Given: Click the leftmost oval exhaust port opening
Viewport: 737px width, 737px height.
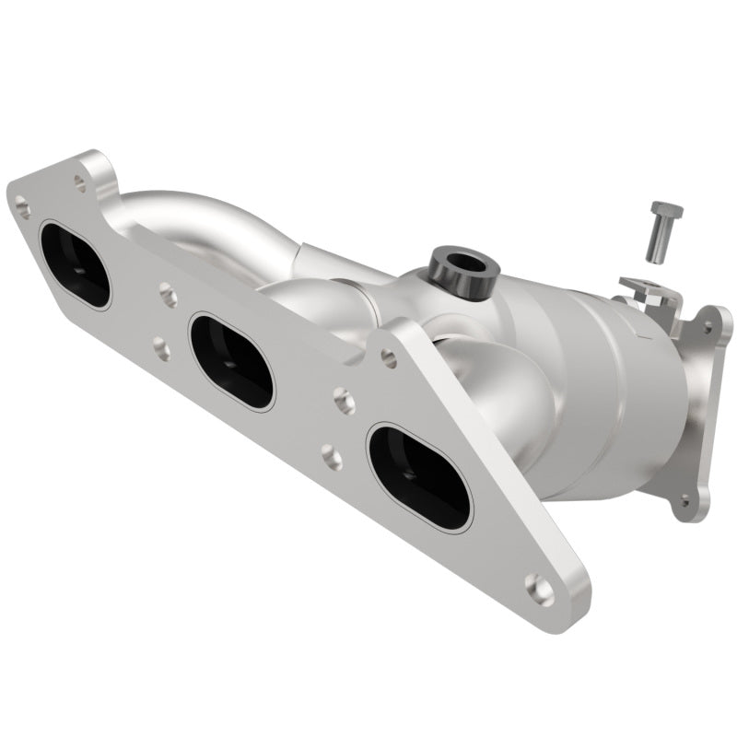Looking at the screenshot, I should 74,264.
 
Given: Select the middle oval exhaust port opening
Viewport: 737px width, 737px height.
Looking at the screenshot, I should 231,361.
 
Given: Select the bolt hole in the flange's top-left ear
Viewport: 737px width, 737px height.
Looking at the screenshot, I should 81,183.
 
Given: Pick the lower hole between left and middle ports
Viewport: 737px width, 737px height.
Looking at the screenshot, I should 161,348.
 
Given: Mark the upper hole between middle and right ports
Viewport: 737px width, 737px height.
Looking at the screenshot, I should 344,400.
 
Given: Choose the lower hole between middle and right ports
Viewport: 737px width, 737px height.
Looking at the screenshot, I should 331,456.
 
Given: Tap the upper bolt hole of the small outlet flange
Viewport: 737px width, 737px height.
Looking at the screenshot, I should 708,324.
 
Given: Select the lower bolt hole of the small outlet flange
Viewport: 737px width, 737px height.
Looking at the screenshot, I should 684,502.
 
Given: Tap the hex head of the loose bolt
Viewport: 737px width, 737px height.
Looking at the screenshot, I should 665,211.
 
